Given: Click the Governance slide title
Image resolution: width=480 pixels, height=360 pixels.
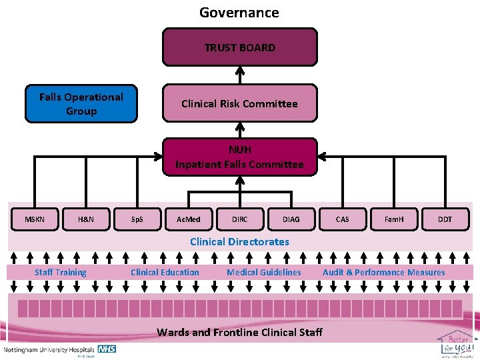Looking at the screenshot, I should pos(239,13).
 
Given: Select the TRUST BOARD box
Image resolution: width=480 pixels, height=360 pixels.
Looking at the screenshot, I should pos(239,47).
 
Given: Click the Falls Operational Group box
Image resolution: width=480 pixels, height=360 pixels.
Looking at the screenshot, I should pos(81,104).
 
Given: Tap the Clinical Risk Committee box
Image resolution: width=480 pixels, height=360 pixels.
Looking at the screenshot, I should pos(239,103).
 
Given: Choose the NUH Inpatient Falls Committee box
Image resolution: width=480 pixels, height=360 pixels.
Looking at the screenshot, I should pos(239,157).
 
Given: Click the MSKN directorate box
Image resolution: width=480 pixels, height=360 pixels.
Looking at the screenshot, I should pos(35,219).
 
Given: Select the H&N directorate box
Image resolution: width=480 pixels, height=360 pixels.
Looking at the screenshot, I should pos(85,219).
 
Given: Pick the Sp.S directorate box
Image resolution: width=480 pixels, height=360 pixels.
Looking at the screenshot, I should pos(137,219).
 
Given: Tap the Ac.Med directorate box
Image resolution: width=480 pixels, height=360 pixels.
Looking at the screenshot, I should pos(188,219).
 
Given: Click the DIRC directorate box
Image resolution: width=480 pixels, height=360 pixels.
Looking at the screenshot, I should pos(239,219).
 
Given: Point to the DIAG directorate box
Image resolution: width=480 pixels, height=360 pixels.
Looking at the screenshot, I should pos(291,219).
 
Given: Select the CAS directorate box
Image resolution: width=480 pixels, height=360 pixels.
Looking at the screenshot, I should pos(342,219).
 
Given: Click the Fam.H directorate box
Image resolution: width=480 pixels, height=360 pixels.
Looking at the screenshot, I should pos(394,219).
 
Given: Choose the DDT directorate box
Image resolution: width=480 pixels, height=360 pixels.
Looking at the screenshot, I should pos(445,219).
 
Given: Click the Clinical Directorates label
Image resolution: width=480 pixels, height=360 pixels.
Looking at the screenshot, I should pos(239,242).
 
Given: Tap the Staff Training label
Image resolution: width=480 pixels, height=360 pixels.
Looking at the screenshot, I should pos(61,272).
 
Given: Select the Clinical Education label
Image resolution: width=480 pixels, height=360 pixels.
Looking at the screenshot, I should pos(165,272).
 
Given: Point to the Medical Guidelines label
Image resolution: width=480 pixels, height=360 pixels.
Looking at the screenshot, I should pos(264,272).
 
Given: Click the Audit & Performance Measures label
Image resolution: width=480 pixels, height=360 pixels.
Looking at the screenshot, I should pos(384,272).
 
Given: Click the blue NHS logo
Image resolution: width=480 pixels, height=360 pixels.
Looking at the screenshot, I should pos(107,349).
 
